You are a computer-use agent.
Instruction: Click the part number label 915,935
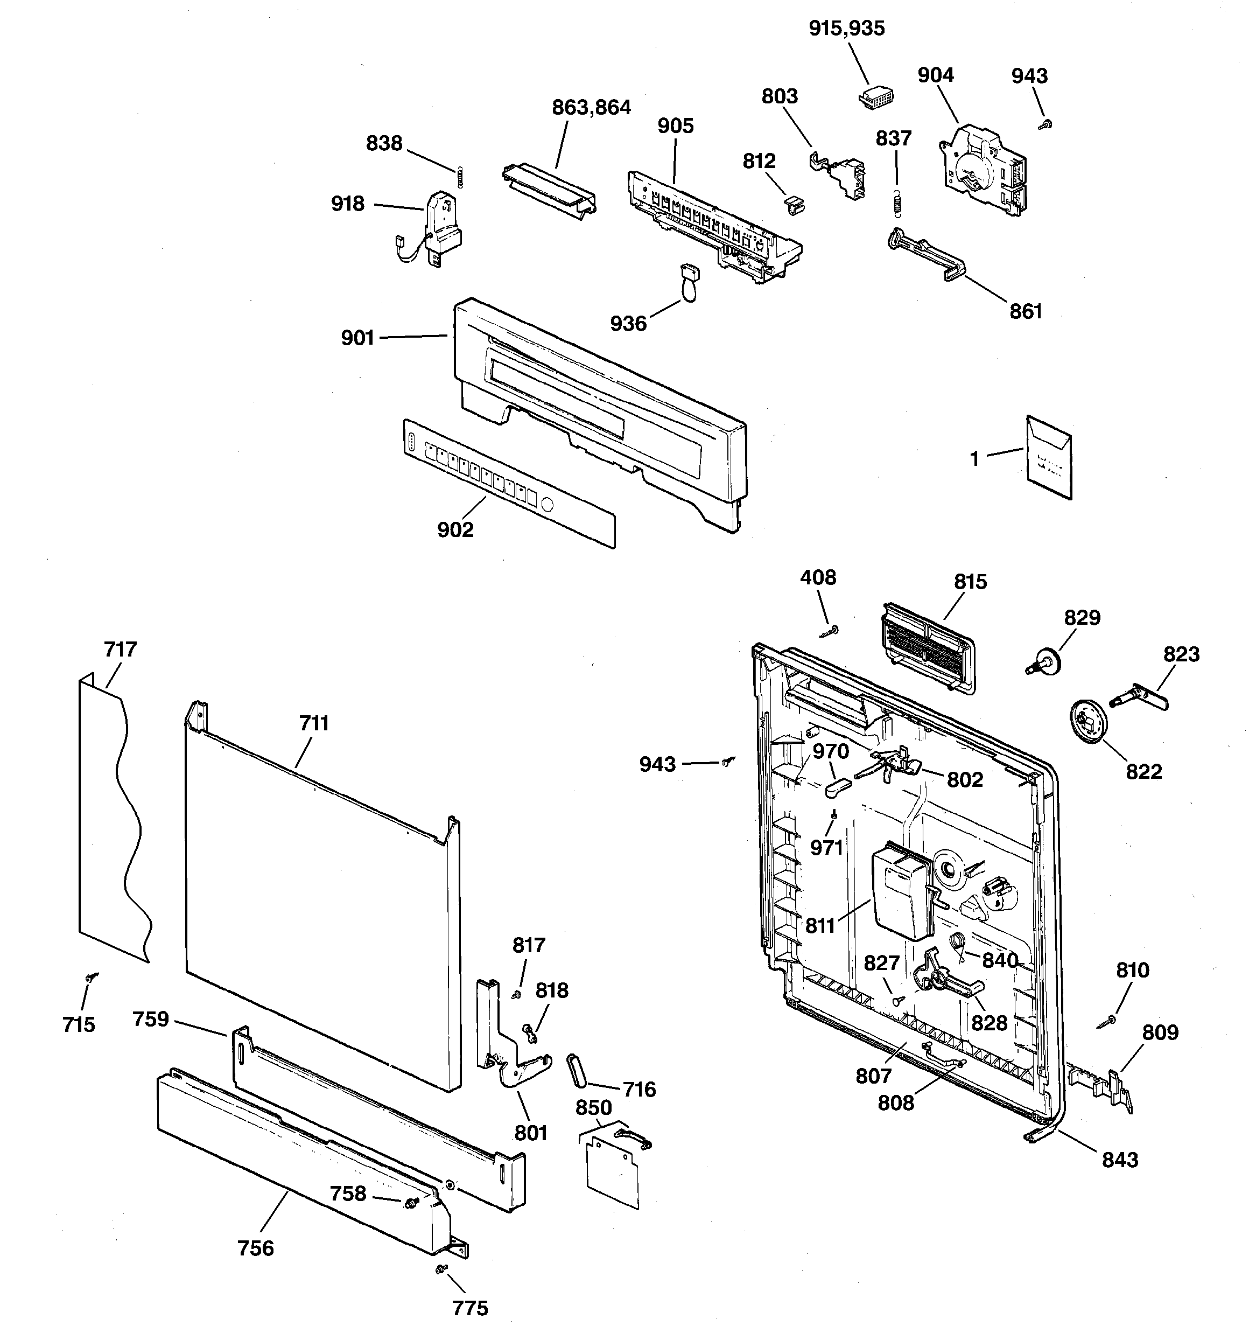846,28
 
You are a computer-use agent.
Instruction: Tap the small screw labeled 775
441,1268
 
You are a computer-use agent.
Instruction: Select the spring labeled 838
459,177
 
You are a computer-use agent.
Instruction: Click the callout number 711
314,723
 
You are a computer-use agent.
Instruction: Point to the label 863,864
591,107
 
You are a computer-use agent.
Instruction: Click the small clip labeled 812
793,204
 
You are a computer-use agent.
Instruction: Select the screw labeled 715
90,978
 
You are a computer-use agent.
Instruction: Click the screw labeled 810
1108,1022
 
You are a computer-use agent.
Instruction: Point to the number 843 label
1120,1160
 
